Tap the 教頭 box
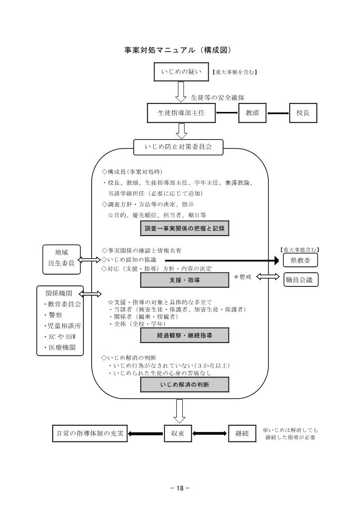point(252,113)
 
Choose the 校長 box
point(303,113)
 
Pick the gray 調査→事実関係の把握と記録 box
point(185,229)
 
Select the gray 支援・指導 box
point(185,281)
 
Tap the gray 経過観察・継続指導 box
point(185,335)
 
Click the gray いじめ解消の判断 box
point(185,384)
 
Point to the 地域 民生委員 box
point(61,260)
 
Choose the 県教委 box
point(300,260)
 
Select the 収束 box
point(178,433)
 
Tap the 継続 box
point(242,433)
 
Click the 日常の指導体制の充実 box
point(90,433)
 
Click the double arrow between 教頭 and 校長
point(277,113)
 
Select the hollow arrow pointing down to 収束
point(180,410)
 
